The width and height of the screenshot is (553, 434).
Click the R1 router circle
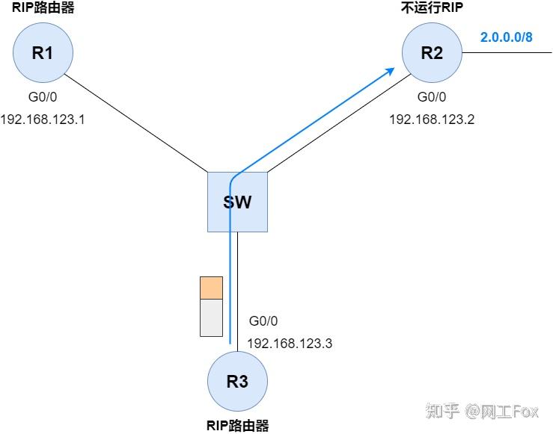tap(41, 53)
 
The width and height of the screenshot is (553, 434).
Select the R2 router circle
tap(432, 53)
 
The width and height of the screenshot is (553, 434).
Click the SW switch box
tap(237, 202)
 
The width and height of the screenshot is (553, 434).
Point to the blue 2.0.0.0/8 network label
tap(506, 37)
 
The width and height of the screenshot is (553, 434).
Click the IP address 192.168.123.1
tap(43, 119)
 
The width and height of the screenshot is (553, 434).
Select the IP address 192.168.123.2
tap(432, 119)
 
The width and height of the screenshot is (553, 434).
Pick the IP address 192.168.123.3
tap(289, 343)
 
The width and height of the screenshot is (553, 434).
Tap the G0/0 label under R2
tap(432, 97)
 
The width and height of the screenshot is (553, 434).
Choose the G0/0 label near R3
tap(263, 321)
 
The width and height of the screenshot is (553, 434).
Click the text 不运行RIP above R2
tap(432, 9)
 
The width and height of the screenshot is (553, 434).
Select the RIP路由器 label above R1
tap(43, 9)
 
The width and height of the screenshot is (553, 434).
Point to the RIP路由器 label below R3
tap(237, 426)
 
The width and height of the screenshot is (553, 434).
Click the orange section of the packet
tap(212, 288)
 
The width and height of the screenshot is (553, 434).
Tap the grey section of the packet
tap(212, 317)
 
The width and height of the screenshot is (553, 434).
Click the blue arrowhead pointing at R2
tap(391, 69)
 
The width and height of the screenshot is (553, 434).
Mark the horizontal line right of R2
tap(509, 53)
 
